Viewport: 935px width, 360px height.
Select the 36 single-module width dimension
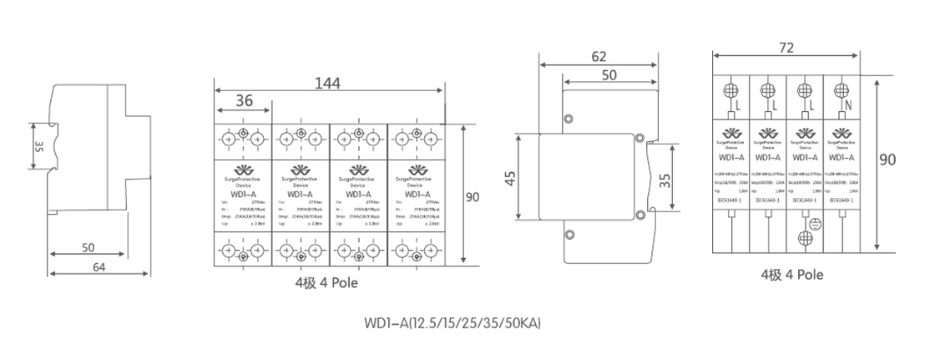[244, 101]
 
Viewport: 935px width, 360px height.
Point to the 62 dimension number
[599, 58]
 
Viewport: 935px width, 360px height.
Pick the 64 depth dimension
[99, 267]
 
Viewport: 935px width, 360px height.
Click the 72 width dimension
[786, 48]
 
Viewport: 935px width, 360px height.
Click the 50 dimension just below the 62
[609, 75]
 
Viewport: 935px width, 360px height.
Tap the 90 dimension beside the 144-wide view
[473, 198]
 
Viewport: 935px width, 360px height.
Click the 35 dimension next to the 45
[665, 180]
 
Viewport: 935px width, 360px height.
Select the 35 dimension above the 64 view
[38, 147]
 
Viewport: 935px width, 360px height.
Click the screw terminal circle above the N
[841, 89]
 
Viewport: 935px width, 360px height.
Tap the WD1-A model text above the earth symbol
[804, 157]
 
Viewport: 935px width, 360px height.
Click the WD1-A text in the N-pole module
[841, 157]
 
